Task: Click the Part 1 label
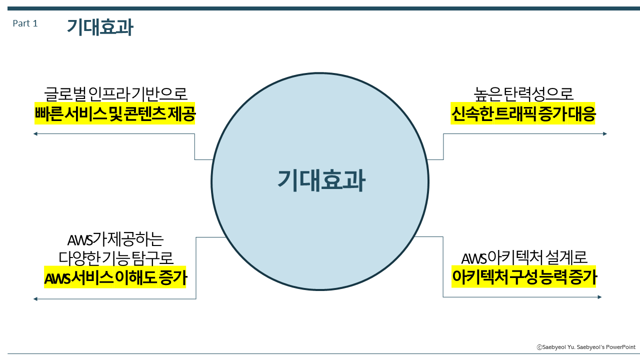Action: pos(25,23)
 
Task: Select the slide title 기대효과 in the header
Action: pos(100,27)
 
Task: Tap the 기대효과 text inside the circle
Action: pos(321,180)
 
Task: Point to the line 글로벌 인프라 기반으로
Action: pos(115,93)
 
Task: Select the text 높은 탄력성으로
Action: pos(523,93)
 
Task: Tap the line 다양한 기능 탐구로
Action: pos(115,258)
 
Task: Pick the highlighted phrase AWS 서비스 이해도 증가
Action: pos(115,278)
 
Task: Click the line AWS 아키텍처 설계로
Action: pos(524,258)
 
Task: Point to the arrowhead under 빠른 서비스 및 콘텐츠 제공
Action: pos(35,133)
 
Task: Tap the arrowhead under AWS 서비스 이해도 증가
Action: pos(35,299)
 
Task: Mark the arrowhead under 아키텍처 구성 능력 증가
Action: pos(599,297)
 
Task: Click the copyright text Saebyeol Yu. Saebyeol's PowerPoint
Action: pos(586,347)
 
